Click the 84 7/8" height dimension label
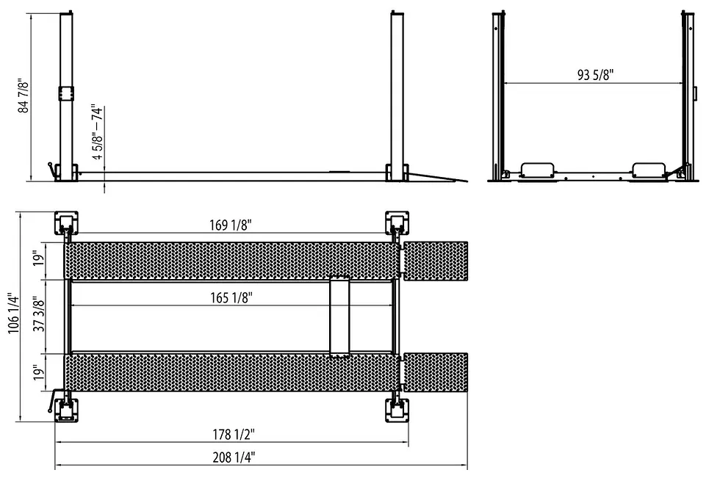click(24, 93)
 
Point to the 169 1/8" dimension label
click(227, 225)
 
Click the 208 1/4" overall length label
click(234, 457)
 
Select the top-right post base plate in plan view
click(397, 222)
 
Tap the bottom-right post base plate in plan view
click(397, 409)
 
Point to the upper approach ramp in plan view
click(436, 260)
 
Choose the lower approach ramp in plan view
click(436, 372)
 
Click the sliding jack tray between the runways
click(339, 317)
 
